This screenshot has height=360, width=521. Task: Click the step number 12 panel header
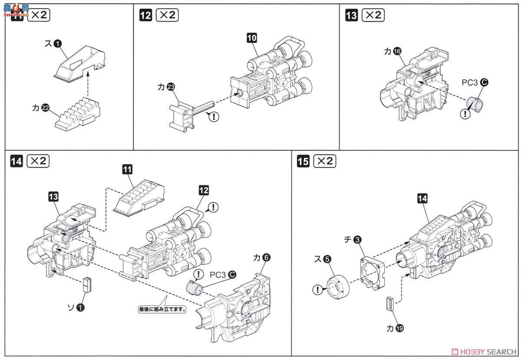(x=146, y=15)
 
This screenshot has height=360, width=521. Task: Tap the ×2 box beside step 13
(x=373, y=15)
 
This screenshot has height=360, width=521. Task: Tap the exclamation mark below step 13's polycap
(x=465, y=114)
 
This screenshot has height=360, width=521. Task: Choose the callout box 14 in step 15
(x=422, y=199)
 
